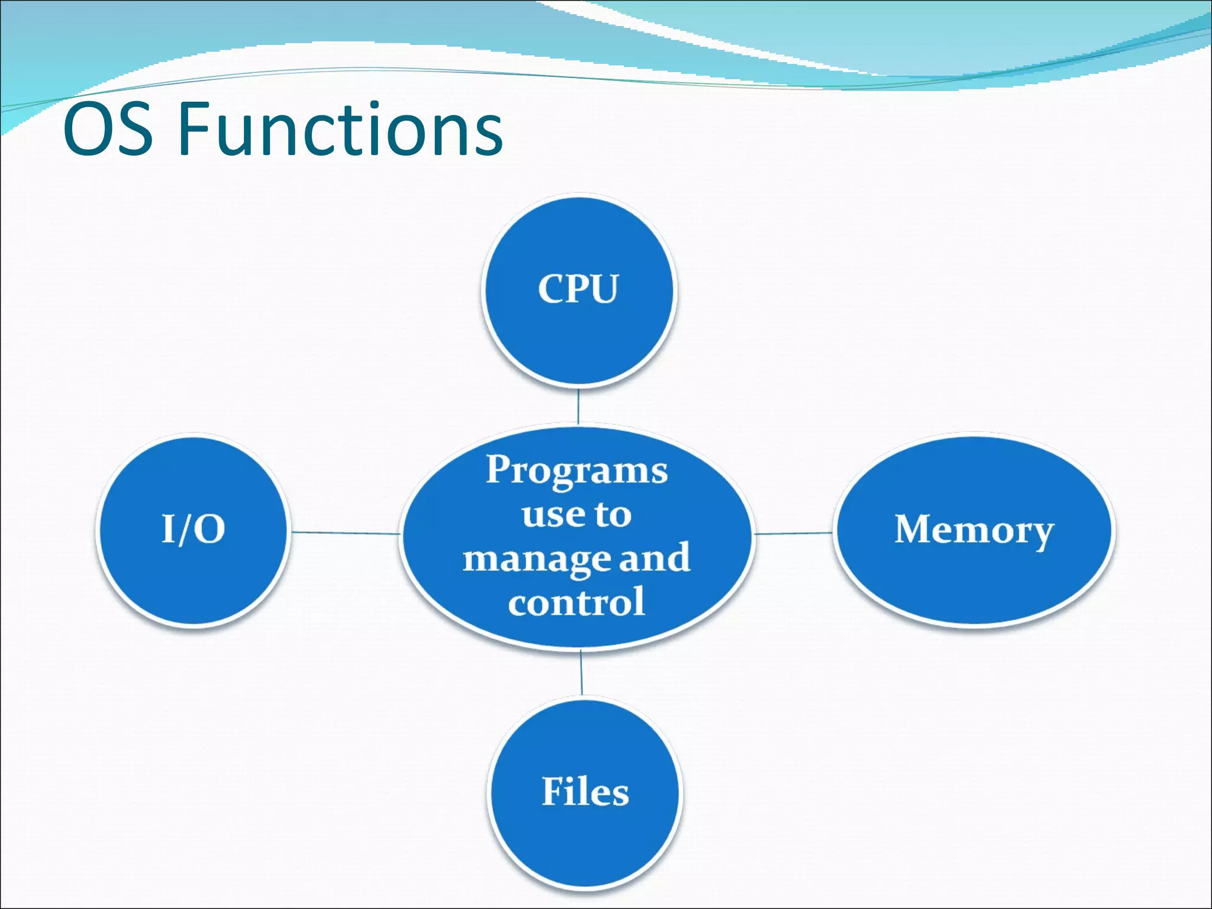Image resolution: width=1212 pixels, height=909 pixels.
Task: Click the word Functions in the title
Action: [x=340, y=129]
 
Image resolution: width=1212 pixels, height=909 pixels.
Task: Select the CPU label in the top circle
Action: [x=578, y=289]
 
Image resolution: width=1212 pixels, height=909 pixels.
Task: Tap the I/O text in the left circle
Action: [x=194, y=529]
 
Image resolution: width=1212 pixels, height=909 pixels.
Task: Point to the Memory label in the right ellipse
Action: [x=974, y=529]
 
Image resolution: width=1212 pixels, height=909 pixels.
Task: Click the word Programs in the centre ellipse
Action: [x=577, y=470]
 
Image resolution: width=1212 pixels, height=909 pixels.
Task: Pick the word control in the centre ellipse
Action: [x=576, y=602]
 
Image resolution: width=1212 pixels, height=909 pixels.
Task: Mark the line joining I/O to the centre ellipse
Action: [x=346, y=533]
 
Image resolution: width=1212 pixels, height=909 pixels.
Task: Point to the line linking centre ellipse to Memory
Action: [x=793, y=533]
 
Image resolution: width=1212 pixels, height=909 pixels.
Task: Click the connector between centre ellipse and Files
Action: [x=581, y=673]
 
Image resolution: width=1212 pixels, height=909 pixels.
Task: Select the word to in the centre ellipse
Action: [x=613, y=515]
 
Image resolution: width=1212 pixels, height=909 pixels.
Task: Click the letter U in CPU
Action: [x=604, y=289]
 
